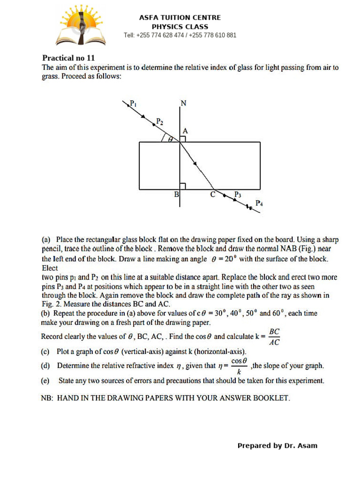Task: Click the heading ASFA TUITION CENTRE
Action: pyautogui.click(x=180, y=17)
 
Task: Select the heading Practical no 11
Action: pyautogui.click(x=68, y=58)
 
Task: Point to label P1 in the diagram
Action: pyautogui.click(x=133, y=103)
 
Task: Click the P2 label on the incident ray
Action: pyautogui.click(x=160, y=121)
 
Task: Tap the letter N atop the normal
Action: pyautogui.click(x=184, y=104)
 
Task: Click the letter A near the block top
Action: pyautogui.click(x=185, y=131)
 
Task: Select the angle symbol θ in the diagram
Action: pyautogui.click(x=171, y=139)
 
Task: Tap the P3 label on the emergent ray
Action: pyautogui.click(x=238, y=195)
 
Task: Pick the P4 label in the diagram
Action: pyautogui.click(x=259, y=203)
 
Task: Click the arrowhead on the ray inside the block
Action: pyautogui.click(x=195, y=164)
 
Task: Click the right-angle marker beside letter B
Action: pyautogui.click(x=183, y=186)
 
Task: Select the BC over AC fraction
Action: pyautogui.click(x=275, y=337)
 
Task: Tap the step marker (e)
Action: pyautogui.click(x=45, y=381)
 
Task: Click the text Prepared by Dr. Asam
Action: pyautogui.click(x=277, y=445)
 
